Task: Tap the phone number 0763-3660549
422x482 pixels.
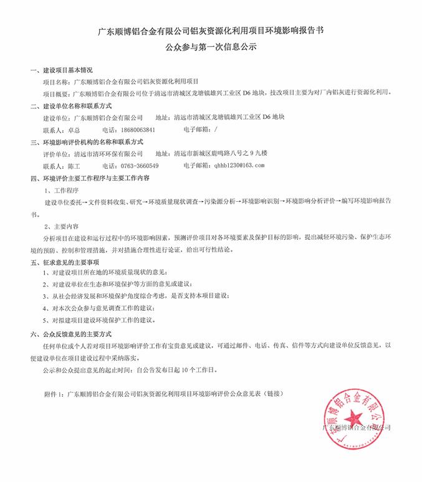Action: tap(138, 166)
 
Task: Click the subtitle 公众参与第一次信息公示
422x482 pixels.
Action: tap(211, 47)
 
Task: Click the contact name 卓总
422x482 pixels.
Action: tap(73, 130)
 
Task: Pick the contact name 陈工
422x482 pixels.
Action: tap(73, 166)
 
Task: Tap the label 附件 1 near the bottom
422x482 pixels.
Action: tap(53, 394)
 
